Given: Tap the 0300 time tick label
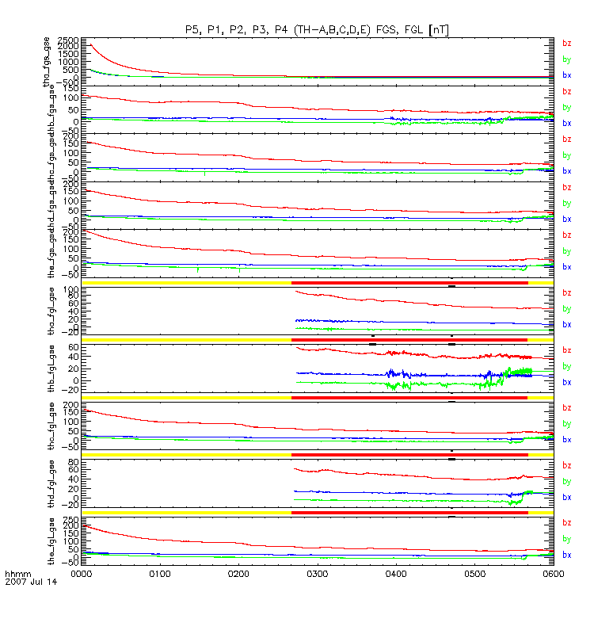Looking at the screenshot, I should pyautogui.click(x=318, y=571).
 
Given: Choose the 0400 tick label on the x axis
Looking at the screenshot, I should pyautogui.click(x=396, y=571).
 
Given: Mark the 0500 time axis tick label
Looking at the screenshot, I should pyautogui.click(x=474, y=571).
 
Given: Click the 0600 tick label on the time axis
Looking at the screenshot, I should pyautogui.click(x=552, y=571).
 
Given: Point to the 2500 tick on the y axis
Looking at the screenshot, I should pyautogui.click(x=69, y=40).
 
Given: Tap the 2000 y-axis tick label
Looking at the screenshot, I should pyautogui.click(x=69, y=47).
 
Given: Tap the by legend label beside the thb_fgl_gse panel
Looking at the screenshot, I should pyautogui.click(x=566, y=366).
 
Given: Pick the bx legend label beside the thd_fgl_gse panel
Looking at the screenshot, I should pyautogui.click(x=566, y=498).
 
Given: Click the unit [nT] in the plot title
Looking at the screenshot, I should pyautogui.click(x=440, y=29).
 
